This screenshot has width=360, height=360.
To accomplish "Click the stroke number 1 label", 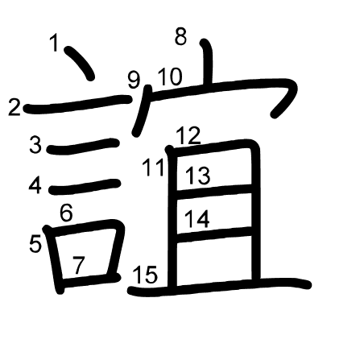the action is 55,43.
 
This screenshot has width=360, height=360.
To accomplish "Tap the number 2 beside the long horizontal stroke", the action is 14,107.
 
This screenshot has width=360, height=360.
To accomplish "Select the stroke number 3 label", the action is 35,145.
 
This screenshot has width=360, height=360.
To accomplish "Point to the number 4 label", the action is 35,185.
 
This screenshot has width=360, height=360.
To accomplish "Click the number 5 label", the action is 35,243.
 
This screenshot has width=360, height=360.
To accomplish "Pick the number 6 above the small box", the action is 66,213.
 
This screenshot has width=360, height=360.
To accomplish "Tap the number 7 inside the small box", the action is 78,265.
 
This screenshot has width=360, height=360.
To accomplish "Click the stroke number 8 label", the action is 180,36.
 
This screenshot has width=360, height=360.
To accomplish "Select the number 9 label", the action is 134,80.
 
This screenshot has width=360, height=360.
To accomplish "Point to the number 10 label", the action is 170,77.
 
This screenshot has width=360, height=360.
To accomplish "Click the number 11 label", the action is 153,168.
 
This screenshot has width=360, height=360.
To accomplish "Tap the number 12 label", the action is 188,136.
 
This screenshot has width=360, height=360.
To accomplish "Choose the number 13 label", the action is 198,176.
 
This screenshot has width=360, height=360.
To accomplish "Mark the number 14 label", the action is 197,219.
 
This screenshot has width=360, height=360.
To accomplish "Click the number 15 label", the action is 145,275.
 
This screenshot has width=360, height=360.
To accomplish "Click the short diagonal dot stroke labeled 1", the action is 80,63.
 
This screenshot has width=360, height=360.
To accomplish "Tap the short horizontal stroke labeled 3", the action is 83,147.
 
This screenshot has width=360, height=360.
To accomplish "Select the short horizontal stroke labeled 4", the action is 84,187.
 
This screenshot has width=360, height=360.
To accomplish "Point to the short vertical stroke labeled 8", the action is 208,62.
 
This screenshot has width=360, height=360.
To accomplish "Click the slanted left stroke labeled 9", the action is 142,110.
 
